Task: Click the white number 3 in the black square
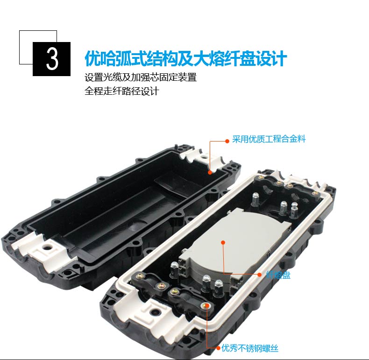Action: click(x=52, y=59)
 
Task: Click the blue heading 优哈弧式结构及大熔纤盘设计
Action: click(x=186, y=58)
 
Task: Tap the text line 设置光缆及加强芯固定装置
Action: click(x=141, y=77)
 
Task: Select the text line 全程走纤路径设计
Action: click(x=121, y=91)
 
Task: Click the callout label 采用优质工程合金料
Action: click(x=269, y=139)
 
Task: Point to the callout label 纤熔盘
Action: click(x=278, y=275)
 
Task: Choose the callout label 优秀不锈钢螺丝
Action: click(x=250, y=348)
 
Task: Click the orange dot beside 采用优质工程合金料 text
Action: click(x=227, y=141)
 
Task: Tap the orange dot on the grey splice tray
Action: click(x=223, y=242)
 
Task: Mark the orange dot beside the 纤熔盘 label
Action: click(x=260, y=275)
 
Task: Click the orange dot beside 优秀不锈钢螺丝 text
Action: click(x=218, y=348)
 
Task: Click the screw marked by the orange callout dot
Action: click(x=206, y=306)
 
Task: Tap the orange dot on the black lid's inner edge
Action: click(x=210, y=172)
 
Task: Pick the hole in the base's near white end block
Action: click(x=155, y=312)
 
